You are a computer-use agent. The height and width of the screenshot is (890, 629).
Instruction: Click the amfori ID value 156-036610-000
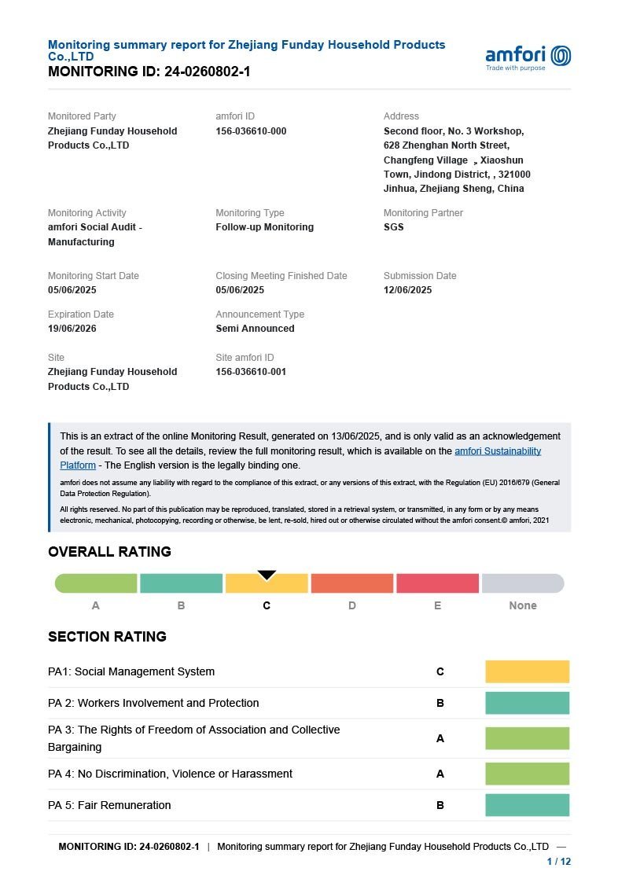[251, 131]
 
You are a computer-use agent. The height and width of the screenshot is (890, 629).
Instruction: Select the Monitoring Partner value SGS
[393, 227]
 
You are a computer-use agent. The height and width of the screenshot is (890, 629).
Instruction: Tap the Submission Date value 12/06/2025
[407, 290]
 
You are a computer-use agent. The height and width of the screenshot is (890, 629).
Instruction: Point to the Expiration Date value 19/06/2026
[72, 329]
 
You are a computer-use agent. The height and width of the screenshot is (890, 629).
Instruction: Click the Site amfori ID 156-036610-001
[251, 372]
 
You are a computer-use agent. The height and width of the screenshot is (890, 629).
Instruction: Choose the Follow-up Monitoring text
[264, 227]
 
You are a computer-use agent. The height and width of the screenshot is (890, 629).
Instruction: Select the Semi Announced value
[255, 329]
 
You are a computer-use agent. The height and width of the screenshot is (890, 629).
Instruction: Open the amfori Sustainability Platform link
[497, 451]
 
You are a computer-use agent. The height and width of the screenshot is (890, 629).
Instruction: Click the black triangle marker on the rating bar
[267, 575]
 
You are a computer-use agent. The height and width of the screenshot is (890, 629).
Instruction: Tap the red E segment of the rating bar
[437, 583]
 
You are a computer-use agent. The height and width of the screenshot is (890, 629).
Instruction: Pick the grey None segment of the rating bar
[522, 583]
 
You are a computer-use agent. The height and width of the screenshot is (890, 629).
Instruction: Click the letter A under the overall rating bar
[96, 605]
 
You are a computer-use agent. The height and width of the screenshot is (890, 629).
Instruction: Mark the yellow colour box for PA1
[527, 671]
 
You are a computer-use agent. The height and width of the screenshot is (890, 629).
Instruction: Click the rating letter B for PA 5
[440, 805]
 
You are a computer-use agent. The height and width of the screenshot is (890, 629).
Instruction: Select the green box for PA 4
[527, 774]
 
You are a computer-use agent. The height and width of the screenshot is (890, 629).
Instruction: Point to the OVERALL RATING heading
[109, 552]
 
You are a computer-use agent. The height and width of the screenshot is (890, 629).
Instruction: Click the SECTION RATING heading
[107, 637]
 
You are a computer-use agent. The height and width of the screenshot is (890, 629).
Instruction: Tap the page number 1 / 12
[558, 862]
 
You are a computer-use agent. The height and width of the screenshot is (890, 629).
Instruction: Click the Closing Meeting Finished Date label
[281, 276]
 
